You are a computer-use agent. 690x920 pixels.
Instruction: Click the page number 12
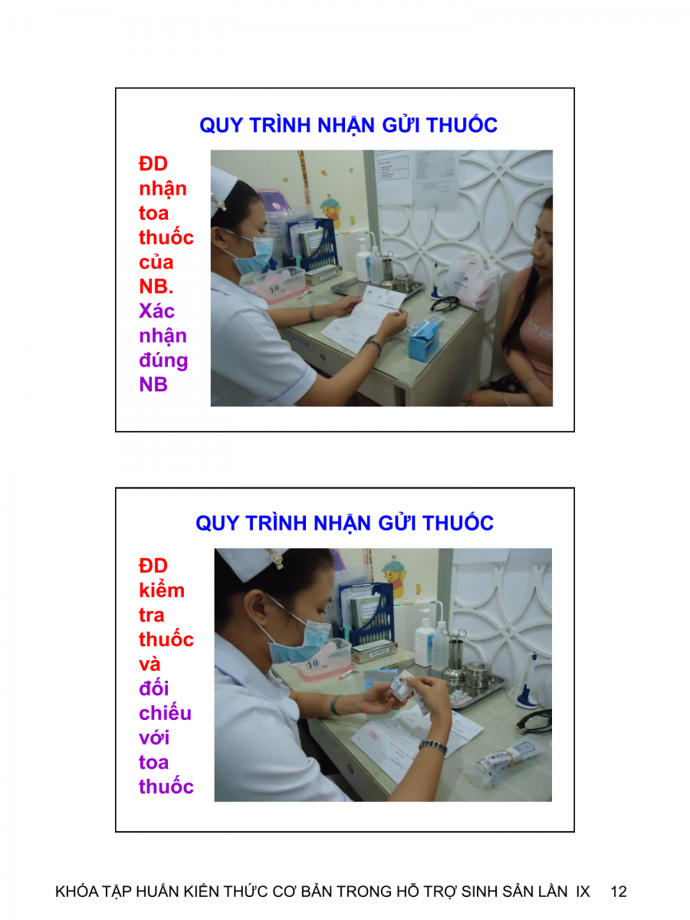tap(619, 892)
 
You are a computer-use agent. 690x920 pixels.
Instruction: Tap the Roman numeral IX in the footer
tap(583, 892)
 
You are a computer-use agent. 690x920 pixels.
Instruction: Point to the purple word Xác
tap(156, 311)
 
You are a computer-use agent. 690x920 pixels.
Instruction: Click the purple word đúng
tap(163, 361)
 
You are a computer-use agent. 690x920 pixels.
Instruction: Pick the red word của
tap(156, 262)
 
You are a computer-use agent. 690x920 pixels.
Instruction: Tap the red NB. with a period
tap(156, 287)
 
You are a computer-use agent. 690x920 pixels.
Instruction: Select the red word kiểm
tap(162, 590)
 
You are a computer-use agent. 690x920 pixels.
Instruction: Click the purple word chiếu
tap(165, 713)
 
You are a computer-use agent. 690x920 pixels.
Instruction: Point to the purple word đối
tap(154, 688)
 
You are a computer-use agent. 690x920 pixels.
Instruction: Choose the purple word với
tap(154, 738)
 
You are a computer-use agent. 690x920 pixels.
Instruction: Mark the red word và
tap(149, 664)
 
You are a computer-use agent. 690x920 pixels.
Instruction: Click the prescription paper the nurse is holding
tap(363, 318)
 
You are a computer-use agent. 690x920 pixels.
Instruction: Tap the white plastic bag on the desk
tap(471, 280)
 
